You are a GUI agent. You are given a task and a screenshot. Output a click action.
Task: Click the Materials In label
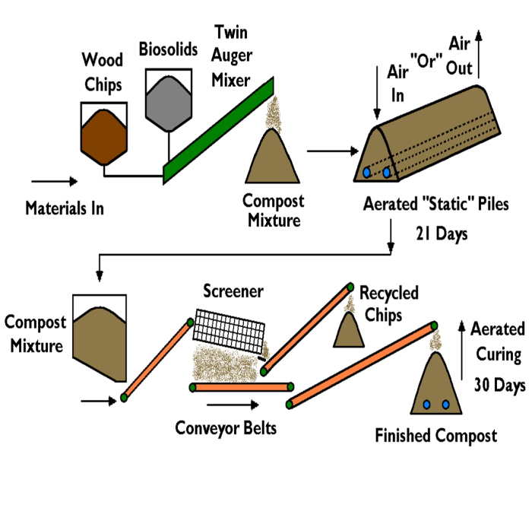click(x=65, y=207)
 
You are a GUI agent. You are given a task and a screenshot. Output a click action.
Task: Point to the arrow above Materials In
click(x=55, y=182)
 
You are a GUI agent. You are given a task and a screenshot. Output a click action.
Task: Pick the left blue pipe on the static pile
click(x=368, y=173)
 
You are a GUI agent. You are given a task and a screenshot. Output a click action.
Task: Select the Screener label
click(x=233, y=291)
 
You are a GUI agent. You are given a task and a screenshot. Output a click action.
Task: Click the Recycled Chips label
click(x=388, y=302)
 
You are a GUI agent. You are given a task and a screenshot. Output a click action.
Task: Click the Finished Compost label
click(x=436, y=436)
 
